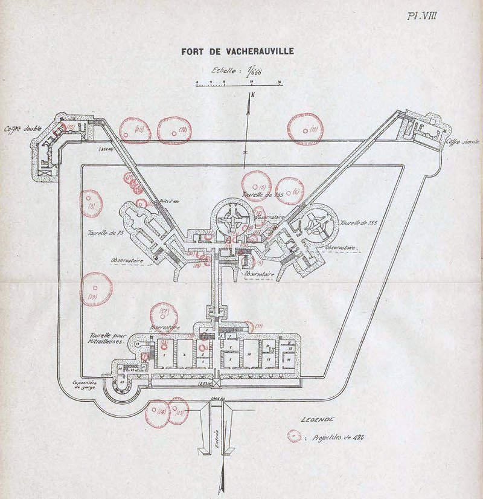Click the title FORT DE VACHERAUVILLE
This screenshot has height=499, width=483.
click(237, 51)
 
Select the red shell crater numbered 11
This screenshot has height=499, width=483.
click(305, 129)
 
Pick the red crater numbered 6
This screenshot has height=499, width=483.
click(289, 191)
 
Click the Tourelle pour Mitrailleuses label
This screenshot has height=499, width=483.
click(106, 338)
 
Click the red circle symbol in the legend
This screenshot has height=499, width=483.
click(294, 436)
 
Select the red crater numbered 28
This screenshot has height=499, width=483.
click(159, 414)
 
